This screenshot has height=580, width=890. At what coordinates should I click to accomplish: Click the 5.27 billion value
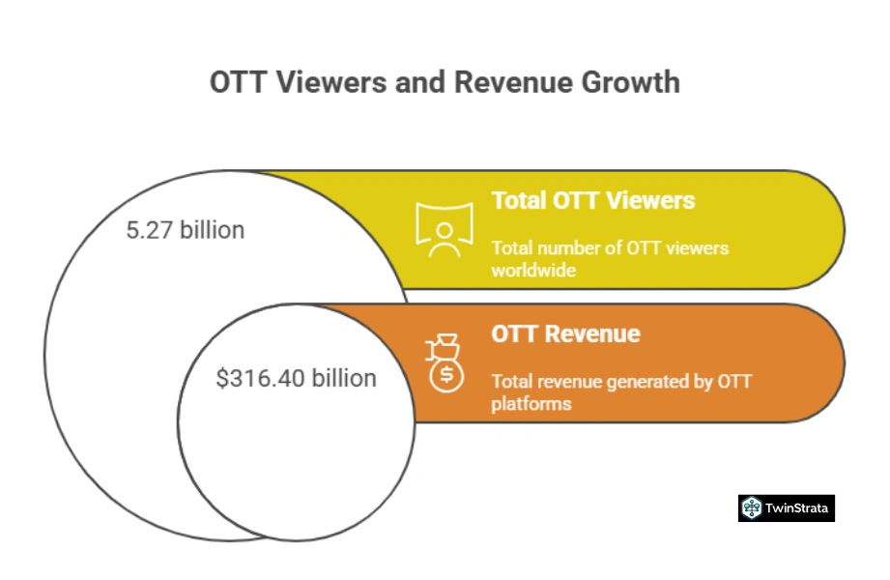point(186,230)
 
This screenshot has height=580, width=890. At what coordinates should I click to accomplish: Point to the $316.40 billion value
point(296,378)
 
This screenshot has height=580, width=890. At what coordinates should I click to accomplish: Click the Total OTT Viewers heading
point(592,200)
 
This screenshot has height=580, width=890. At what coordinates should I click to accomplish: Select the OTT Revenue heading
point(565,333)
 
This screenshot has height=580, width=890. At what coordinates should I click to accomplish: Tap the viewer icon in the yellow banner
point(444,229)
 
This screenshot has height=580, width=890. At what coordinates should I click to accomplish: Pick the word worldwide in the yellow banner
point(533,271)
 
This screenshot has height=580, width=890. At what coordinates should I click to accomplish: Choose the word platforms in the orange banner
point(531,403)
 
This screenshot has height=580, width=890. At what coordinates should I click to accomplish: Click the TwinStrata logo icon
point(751,507)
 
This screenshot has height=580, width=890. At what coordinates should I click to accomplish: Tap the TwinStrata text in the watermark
point(798,507)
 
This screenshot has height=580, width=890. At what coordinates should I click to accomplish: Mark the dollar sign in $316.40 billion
point(222,378)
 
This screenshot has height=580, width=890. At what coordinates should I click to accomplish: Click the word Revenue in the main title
point(512,82)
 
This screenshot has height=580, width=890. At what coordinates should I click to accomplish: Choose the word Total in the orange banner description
point(511,382)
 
